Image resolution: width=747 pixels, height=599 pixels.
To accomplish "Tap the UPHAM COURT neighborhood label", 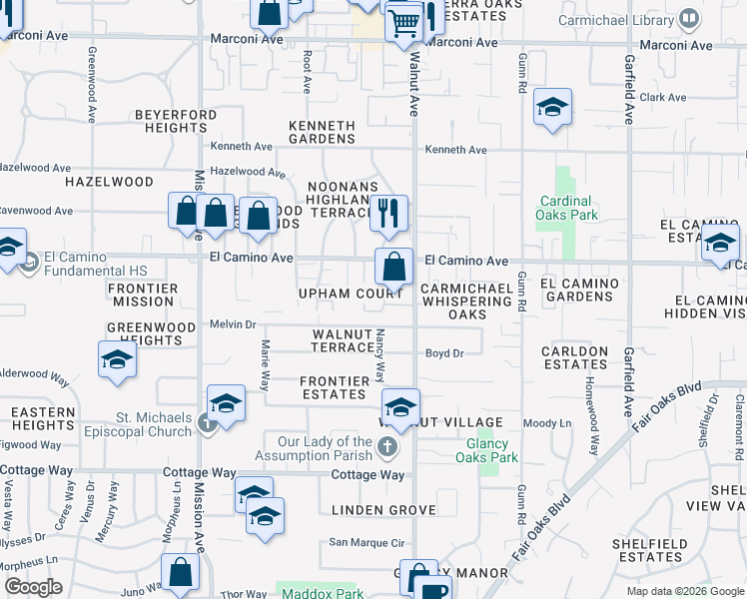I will [350, 294].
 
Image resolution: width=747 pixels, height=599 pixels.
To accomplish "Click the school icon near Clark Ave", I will [551, 107].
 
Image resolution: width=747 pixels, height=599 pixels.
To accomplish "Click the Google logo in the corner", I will [33, 587].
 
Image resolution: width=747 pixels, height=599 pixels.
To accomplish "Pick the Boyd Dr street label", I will [445, 353].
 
